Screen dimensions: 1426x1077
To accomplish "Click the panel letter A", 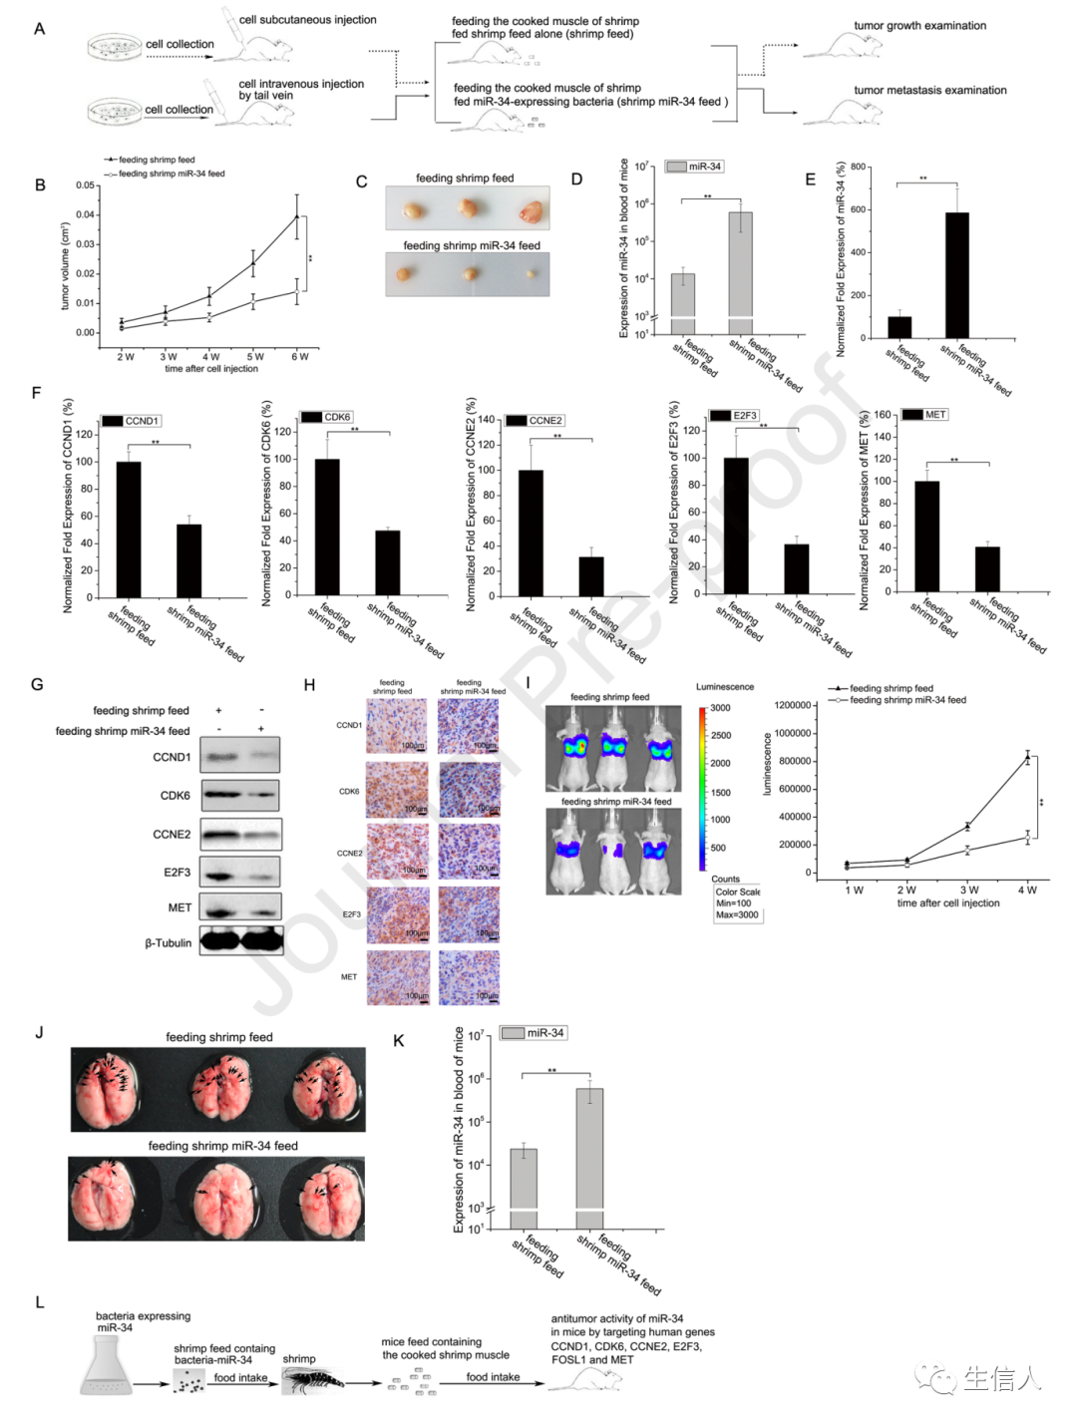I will [x=39, y=28].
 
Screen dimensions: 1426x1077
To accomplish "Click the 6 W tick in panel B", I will [x=299, y=356].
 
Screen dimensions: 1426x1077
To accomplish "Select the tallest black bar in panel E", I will [x=956, y=275].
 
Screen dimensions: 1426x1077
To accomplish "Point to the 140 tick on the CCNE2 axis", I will [x=486, y=420].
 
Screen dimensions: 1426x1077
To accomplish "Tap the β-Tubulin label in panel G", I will [x=169, y=942].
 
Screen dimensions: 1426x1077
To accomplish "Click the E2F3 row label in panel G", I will [x=178, y=873].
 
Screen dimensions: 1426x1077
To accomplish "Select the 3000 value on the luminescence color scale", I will [x=720, y=708].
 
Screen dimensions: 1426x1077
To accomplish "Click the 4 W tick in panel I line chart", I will [x=1027, y=890].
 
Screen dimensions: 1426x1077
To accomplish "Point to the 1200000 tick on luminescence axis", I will [x=793, y=705].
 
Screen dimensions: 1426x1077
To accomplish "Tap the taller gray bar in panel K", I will [x=589, y=1157].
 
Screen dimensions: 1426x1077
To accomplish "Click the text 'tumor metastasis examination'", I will [x=929, y=90].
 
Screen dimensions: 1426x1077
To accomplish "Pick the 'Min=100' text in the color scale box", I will [x=734, y=903].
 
